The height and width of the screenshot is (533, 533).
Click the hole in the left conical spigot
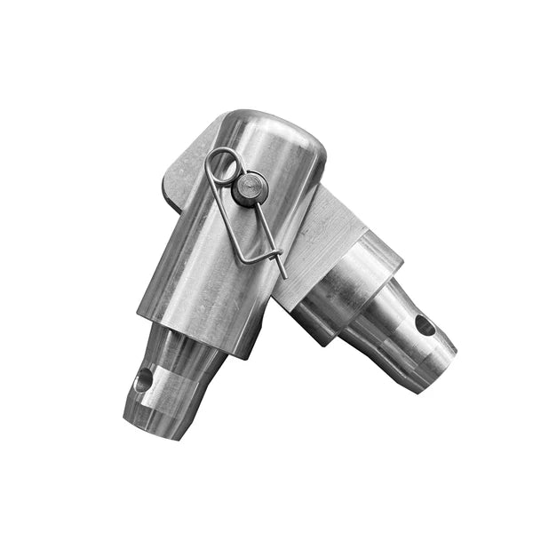(143, 384)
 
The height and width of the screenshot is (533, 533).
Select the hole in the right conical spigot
(426, 325)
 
